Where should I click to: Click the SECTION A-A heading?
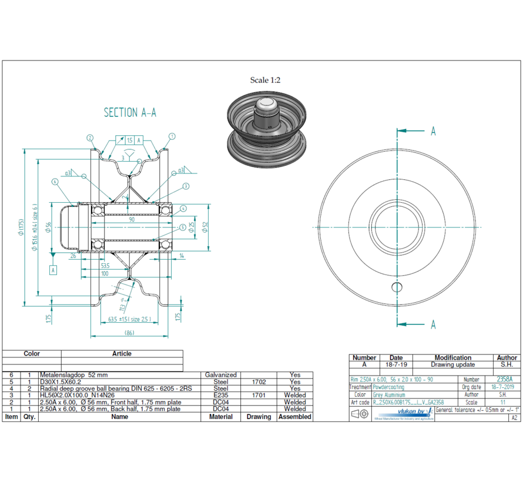pyautogui.click(x=130, y=112)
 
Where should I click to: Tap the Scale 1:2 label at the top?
pyautogui.click(x=265, y=80)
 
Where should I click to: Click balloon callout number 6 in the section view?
pyautogui.click(x=55, y=182)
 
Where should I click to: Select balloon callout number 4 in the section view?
pyautogui.click(x=183, y=208)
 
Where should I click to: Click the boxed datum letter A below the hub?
pyautogui.click(x=53, y=270)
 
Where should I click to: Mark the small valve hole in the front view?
pyautogui.click(x=397, y=287)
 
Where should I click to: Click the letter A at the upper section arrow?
pyautogui.click(x=433, y=131)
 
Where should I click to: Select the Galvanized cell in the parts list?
pyautogui.click(x=221, y=374)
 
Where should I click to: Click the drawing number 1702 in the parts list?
pyautogui.click(x=259, y=381)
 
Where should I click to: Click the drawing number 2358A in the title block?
pyautogui.click(x=504, y=380)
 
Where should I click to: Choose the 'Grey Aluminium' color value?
pyautogui.click(x=389, y=395)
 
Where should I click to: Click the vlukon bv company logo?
pyautogui.click(x=415, y=413)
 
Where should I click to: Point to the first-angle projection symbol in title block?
pyautogui.click(x=360, y=414)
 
